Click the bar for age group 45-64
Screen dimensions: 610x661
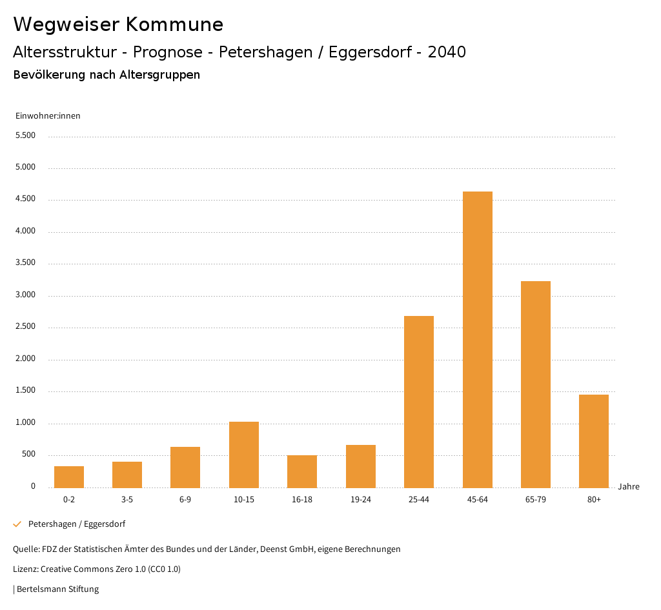(x=477, y=339)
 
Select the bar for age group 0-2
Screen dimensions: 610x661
(x=69, y=477)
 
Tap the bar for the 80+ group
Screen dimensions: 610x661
(x=594, y=441)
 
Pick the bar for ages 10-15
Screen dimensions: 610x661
(x=244, y=455)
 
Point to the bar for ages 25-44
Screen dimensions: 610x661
(x=419, y=402)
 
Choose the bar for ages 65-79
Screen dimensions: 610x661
(x=536, y=384)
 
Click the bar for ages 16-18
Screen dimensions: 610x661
(x=302, y=471)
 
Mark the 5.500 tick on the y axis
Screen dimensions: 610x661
(x=25, y=136)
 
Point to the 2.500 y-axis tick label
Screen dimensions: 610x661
(x=25, y=327)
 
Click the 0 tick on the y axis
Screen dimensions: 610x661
(x=33, y=486)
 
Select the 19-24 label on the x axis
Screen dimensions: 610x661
(x=361, y=500)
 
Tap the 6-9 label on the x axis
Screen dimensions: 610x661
(x=185, y=500)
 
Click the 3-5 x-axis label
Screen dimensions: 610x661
(x=127, y=500)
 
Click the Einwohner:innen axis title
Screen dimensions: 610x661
(x=48, y=116)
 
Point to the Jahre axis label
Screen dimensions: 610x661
(x=629, y=487)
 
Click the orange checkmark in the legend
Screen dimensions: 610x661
(x=17, y=524)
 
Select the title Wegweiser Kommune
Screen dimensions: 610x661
(x=118, y=25)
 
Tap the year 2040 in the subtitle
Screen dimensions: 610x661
(x=446, y=52)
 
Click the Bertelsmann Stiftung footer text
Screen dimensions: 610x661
(x=57, y=589)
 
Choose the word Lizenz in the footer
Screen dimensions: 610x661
(x=25, y=569)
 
